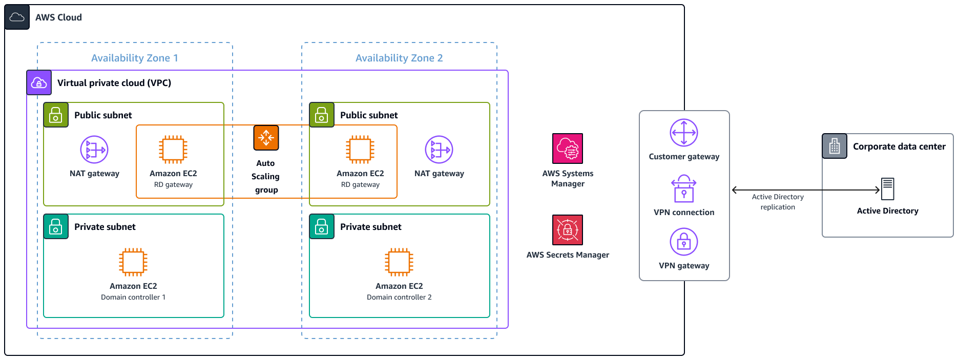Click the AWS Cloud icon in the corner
pos(17,17)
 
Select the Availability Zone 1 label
pos(135,58)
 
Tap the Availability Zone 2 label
pos(399,58)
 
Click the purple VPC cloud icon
pos(39,82)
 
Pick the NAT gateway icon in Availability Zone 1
pos(94,150)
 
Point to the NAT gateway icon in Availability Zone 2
pos(439,150)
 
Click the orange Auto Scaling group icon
pos(266,138)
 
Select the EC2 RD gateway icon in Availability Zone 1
pos(173,150)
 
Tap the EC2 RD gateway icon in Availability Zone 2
pos(360,150)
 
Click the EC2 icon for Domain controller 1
pos(133,262)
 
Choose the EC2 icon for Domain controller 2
pos(399,262)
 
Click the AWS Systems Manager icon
pos(568,149)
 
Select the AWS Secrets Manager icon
pos(568,230)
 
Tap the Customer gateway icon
pos(684,133)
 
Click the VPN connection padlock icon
pos(684,189)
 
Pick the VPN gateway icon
pos(684,242)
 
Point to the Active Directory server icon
pos(888,189)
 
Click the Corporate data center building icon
pos(835,146)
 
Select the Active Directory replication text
pos(778,202)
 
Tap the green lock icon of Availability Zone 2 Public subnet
pos(322,115)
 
